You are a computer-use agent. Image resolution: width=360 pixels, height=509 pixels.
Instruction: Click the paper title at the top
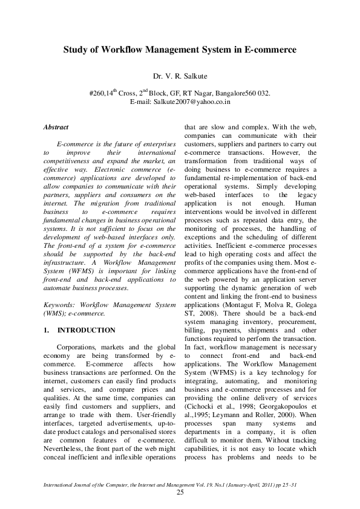(180, 50)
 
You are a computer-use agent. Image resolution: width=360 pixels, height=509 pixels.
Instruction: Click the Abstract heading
(56, 128)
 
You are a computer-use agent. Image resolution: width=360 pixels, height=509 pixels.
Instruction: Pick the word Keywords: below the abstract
(59, 305)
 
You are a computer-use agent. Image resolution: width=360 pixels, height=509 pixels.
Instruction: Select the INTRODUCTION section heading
(85, 331)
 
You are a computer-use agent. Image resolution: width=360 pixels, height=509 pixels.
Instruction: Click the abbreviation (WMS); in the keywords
(56, 314)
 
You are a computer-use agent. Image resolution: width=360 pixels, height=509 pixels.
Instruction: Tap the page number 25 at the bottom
(180, 493)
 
